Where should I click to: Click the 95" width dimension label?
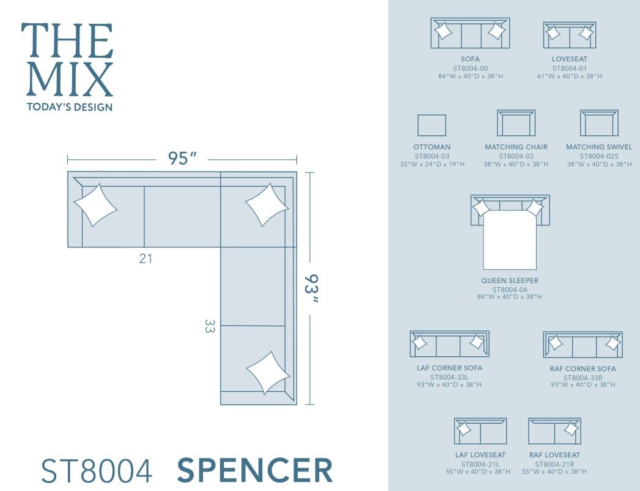[x=182, y=159]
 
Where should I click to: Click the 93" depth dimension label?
[x=311, y=288]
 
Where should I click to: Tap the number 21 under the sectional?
[x=145, y=258]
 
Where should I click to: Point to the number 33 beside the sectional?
[x=210, y=326]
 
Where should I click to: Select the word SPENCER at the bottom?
[x=255, y=470]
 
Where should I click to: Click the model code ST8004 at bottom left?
[x=96, y=471]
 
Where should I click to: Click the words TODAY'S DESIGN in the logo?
[x=70, y=107]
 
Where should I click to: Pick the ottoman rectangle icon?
[x=432, y=126]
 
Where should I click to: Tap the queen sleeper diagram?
[x=510, y=233]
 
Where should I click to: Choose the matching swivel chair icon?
[x=599, y=123]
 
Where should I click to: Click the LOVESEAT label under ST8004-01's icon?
[x=569, y=59]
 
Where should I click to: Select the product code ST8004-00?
[x=470, y=68]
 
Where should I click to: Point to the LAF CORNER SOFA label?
[x=449, y=368]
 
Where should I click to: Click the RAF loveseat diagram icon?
[x=554, y=431]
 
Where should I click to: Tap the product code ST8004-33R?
[x=583, y=377]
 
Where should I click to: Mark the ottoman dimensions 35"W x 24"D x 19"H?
[x=431, y=164]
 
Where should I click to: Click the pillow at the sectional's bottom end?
[x=268, y=372]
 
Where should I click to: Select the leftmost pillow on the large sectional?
[x=95, y=204]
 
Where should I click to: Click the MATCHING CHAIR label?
[x=516, y=147]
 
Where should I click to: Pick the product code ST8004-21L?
[x=480, y=463]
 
